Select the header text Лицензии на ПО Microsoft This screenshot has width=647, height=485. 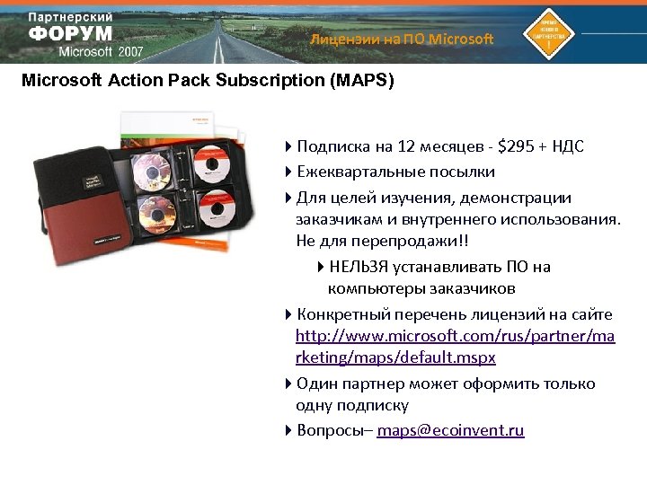[402, 39]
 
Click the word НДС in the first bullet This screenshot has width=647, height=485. [566, 146]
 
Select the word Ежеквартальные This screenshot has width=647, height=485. [356, 172]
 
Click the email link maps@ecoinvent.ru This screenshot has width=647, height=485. [450, 430]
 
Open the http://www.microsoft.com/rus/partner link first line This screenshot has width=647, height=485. [456, 336]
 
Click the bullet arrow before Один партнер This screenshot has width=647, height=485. [288, 384]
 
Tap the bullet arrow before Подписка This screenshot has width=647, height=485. [288, 147]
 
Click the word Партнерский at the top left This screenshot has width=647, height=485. [70, 18]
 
